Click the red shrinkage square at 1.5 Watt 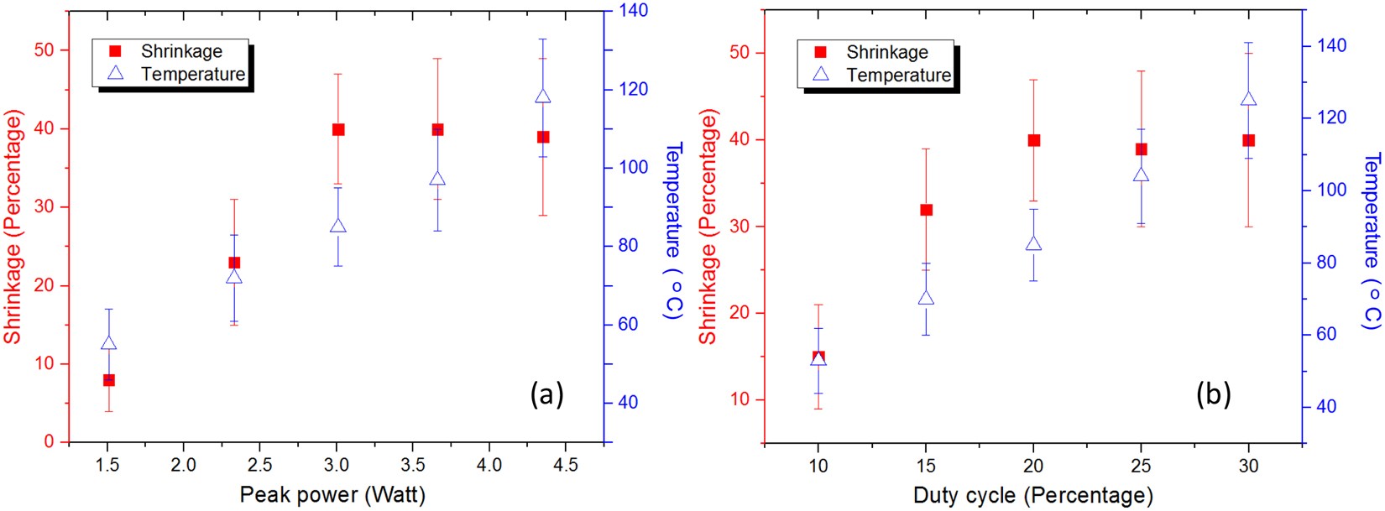coord(108,380)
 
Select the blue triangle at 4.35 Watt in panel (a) coord(543,96)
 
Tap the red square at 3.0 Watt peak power coord(338,129)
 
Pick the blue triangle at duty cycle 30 coord(1248,100)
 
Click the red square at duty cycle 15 coord(927,210)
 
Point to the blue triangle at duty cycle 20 coord(1033,244)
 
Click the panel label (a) coord(546,394)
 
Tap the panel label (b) coord(1213,394)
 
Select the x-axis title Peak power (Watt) coord(332,494)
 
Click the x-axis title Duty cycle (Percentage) coord(1032,495)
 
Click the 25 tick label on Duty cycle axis coord(1141,466)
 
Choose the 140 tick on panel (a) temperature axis coord(634,11)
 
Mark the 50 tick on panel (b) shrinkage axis coord(739,53)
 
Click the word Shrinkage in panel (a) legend coord(181,51)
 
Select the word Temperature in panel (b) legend coord(898,75)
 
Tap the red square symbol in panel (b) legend coord(821,52)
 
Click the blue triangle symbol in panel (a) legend coord(116,73)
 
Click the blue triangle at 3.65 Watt coord(437,179)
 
